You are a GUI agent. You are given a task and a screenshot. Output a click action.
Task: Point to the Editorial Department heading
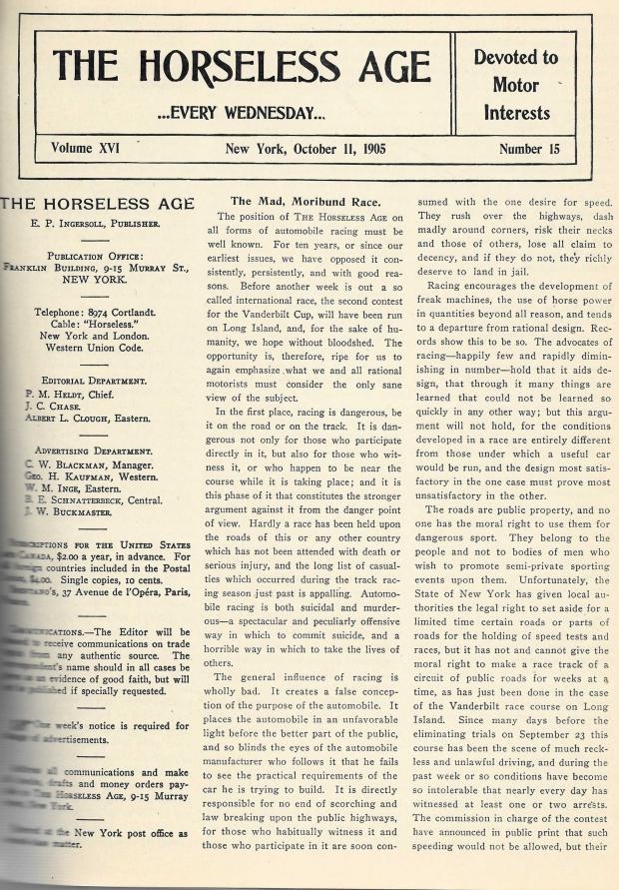[96, 381]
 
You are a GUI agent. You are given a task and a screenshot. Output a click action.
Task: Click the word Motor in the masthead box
[515, 85]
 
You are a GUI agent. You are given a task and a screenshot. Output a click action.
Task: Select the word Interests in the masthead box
[516, 112]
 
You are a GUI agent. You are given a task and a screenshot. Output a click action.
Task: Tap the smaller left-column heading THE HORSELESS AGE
[96, 205]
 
